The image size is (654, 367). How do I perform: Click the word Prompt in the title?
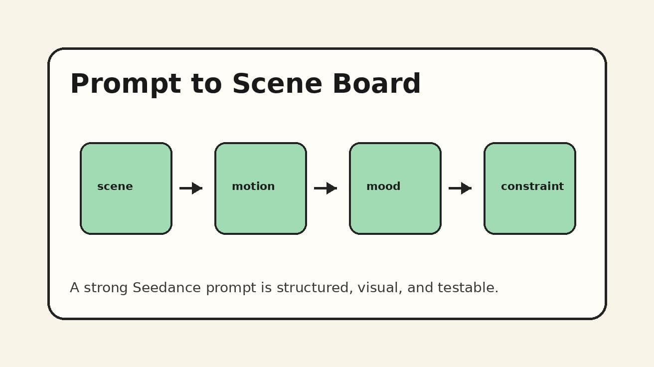point(125,84)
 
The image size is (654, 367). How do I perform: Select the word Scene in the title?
point(277,84)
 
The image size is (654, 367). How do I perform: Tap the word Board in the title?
point(376,84)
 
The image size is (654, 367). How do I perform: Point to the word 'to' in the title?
point(206,84)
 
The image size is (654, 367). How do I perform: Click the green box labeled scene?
point(126,209)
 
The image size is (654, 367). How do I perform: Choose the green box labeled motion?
point(261,209)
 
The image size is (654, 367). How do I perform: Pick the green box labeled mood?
point(395,209)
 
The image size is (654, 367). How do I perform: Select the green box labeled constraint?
point(530,209)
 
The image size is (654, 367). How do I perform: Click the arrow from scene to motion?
point(191,188)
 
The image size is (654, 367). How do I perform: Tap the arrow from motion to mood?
point(326,188)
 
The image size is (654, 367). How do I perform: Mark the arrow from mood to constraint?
point(460,188)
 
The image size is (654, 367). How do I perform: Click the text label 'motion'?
point(253,186)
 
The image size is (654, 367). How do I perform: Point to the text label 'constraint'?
point(532,186)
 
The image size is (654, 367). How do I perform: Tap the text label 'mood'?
point(383,186)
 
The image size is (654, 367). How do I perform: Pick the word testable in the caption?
point(468,288)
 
